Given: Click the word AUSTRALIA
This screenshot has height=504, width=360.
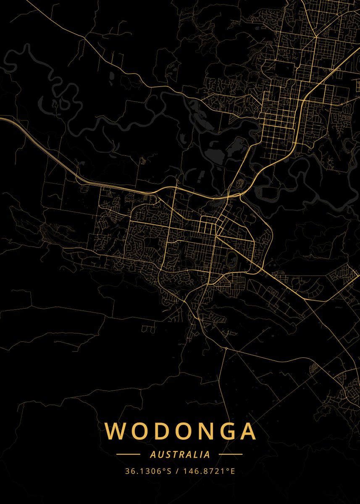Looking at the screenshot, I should tap(180, 454).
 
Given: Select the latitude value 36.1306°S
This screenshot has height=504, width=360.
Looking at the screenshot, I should tap(148, 471).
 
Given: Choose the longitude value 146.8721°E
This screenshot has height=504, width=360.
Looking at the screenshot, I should tap(208, 471).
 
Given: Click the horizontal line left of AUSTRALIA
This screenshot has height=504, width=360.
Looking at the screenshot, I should tap(128, 454).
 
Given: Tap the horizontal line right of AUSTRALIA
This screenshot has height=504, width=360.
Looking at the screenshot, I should tap(231, 454).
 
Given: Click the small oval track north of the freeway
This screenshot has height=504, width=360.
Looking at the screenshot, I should tap(241, 183).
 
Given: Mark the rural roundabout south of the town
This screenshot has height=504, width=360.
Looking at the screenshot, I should tap(226, 348).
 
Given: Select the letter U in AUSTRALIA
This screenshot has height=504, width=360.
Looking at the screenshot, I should tap(158, 454).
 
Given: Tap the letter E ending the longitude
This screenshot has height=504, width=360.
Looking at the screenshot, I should tap(232, 471).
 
